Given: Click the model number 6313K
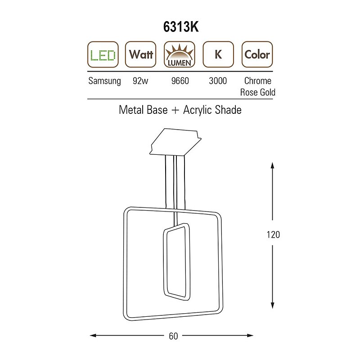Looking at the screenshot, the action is [181, 27].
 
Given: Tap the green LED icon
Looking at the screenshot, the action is [103, 54].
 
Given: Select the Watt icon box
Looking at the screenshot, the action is [140, 54].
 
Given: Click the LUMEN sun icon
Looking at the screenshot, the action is [179, 54].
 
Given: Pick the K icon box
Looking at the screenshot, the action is [218, 54].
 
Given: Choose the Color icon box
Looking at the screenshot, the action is [257, 54].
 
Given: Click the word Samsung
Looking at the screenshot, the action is [104, 81].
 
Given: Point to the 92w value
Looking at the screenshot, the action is [140, 81].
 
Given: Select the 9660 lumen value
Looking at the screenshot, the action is [180, 81].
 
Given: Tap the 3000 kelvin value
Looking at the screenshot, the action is [218, 81].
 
